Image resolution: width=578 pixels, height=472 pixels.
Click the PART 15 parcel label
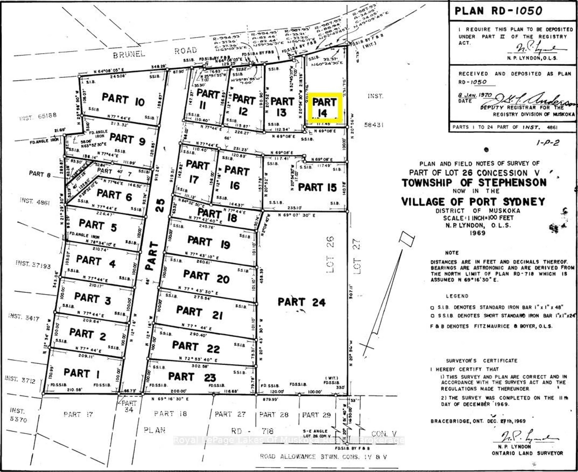317,187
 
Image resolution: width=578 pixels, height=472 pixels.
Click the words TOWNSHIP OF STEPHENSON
474,183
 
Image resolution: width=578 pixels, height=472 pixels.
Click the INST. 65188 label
38,117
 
